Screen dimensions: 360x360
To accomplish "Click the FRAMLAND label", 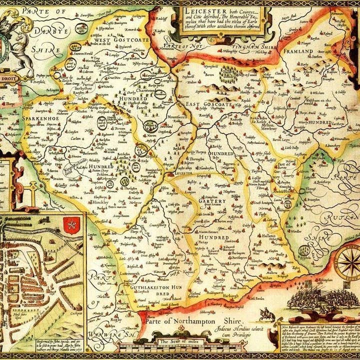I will pyautogui.click(x=298, y=51).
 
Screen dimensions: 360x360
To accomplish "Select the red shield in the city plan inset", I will pyautogui.click(x=74, y=221).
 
